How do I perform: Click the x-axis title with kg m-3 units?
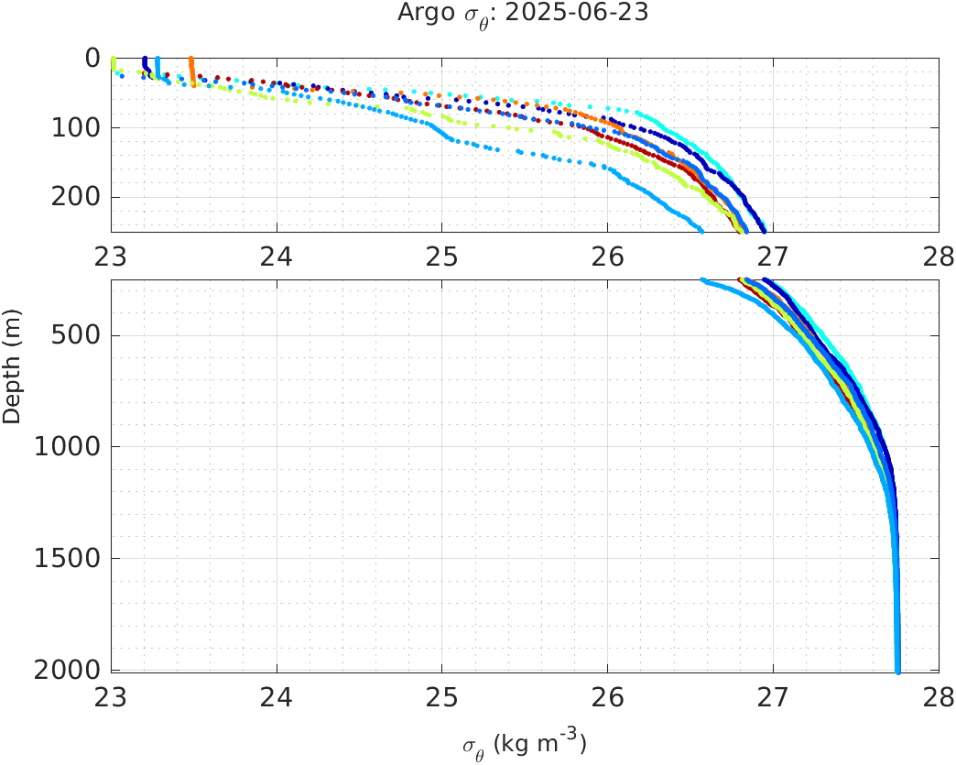525,744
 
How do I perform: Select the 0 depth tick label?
92,58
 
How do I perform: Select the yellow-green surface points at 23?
113,63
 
